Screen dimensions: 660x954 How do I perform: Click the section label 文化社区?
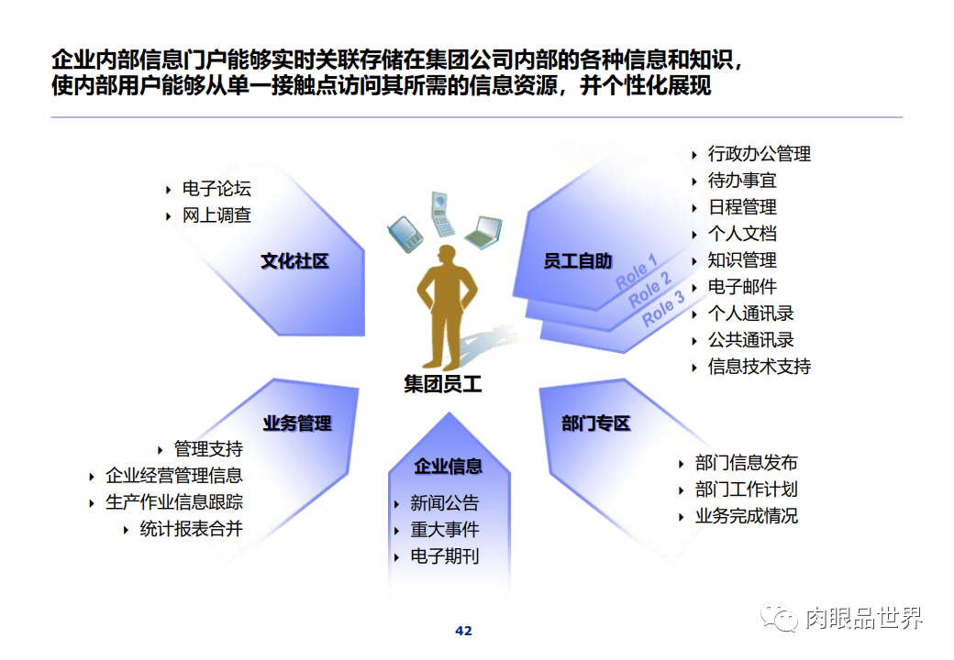pyautogui.click(x=294, y=261)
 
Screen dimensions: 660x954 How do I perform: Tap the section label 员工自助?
pyautogui.click(x=577, y=261)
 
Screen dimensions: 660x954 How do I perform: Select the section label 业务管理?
pyautogui.click(x=296, y=423)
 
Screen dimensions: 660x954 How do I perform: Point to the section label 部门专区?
pyautogui.click(x=596, y=423)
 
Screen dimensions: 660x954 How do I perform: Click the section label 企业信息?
pyautogui.click(x=448, y=466)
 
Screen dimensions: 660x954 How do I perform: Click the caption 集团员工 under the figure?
pyautogui.click(x=442, y=384)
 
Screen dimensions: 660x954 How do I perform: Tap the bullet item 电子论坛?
pyautogui.click(x=216, y=189)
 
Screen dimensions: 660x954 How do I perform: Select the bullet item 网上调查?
pyautogui.click(x=216, y=215)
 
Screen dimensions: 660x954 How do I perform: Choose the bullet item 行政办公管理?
pyautogui.click(x=759, y=154)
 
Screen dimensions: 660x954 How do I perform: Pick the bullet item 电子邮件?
pyautogui.click(x=741, y=287)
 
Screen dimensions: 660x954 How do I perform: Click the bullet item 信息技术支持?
pyautogui.click(x=759, y=367)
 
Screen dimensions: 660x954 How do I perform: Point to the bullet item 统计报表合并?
pyautogui.click(x=191, y=529)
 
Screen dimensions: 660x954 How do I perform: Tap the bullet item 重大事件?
pyautogui.click(x=444, y=530)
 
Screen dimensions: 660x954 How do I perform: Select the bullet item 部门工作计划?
pyautogui.click(x=746, y=489)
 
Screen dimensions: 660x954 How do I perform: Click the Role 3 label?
pyautogui.click(x=662, y=308)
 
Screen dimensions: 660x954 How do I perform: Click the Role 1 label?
pyautogui.click(x=637, y=271)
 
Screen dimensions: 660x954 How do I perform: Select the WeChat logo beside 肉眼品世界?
pyautogui.click(x=783, y=619)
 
